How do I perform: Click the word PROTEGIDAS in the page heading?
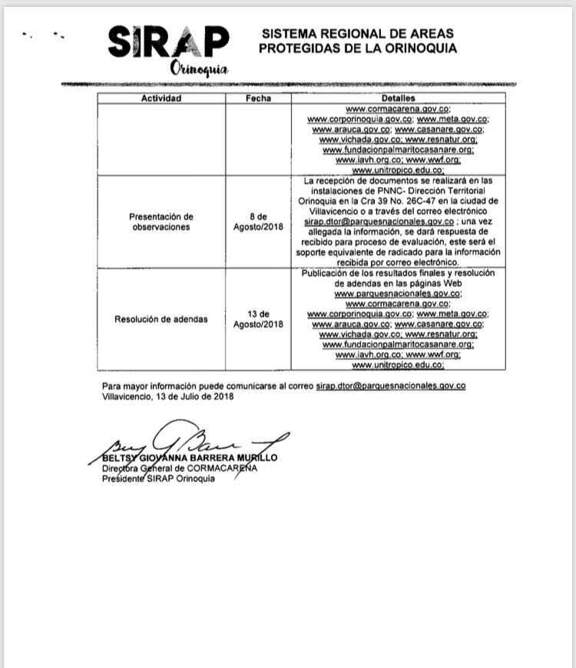294,48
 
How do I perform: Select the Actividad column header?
161,98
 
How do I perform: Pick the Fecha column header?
258,98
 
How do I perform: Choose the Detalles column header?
397,98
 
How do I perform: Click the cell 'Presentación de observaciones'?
161,222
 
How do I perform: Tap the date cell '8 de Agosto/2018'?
258,222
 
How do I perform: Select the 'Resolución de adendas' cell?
161,319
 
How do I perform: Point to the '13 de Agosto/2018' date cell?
258,319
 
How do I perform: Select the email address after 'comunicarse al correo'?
390,385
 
